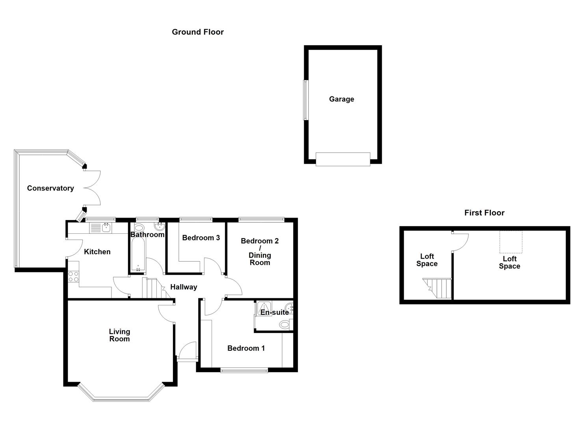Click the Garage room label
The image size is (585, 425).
[341, 99]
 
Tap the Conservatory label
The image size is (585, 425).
[50, 188]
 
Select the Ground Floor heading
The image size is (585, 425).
[198, 32]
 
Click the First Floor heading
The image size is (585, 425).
[484, 213]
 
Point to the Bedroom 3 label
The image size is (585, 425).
[201, 238]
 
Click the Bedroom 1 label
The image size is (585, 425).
[246, 348]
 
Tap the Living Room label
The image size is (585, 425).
[119, 335]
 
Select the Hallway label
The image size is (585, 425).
[184, 287]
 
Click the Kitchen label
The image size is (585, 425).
[97, 252]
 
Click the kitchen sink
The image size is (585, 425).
[101, 227]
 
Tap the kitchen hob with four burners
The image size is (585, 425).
[73, 277]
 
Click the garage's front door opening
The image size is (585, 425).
[343, 159]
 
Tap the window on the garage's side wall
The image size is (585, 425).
[305, 100]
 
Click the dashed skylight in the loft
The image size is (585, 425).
[511, 242]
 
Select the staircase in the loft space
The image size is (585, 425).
[438, 288]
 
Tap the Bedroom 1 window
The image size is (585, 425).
[244, 369]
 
